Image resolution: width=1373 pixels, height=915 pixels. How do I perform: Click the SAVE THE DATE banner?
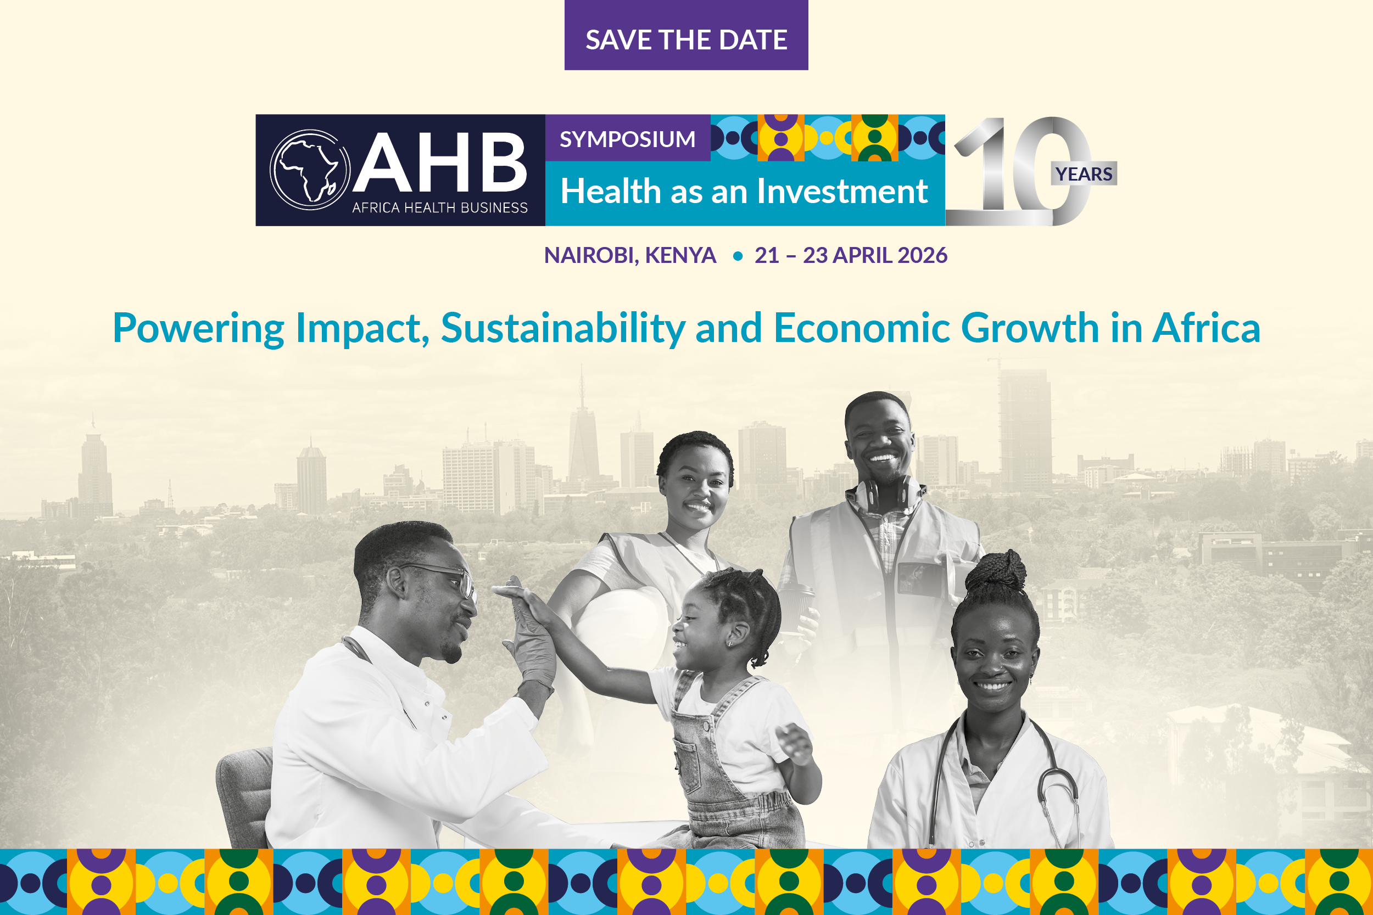pyautogui.click(x=686, y=35)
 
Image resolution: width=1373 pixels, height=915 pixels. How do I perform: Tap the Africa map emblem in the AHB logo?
pyautogui.click(x=310, y=170)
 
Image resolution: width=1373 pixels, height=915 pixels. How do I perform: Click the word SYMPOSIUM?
pyautogui.click(x=628, y=139)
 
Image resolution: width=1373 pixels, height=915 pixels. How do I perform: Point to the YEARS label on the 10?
pyautogui.click(x=1084, y=173)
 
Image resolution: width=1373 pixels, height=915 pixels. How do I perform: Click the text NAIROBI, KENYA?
pyautogui.click(x=630, y=255)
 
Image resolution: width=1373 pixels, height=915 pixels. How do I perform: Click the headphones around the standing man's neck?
pyautogui.click(x=888, y=493)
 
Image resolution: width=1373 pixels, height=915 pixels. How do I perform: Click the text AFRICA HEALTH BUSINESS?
pyautogui.click(x=439, y=207)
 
